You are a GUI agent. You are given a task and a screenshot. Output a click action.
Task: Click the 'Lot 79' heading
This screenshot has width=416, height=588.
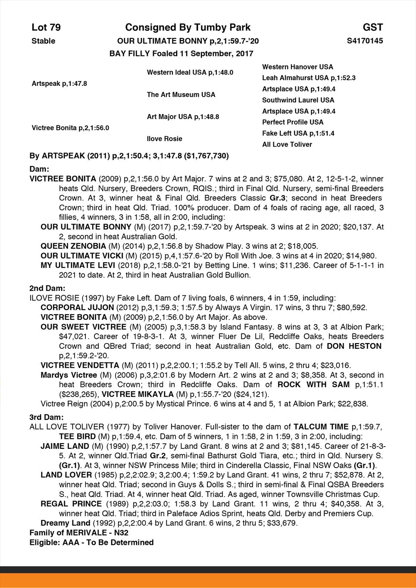click(x=46, y=28)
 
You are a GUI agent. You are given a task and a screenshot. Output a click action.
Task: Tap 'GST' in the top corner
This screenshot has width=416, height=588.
click(x=372, y=28)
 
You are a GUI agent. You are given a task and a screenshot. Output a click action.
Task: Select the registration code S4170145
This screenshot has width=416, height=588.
click(x=365, y=41)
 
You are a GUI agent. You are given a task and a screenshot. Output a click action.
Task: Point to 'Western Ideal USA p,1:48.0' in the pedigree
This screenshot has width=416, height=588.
click(x=190, y=72)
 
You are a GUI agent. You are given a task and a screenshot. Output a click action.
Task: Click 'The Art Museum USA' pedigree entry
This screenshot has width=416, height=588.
click(x=181, y=94)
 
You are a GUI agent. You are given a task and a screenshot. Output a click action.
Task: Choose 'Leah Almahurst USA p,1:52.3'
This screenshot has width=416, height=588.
click(x=308, y=78)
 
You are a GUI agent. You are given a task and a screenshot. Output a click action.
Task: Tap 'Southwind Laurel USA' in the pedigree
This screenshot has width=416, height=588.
click(x=298, y=100)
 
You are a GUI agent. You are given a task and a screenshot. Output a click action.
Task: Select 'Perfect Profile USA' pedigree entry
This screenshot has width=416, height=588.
click(x=292, y=122)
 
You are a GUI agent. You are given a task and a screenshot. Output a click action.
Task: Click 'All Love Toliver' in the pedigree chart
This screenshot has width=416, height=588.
click(x=287, y=144)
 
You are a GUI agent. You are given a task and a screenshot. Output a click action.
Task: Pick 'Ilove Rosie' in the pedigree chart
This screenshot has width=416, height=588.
click(x=164, y=139)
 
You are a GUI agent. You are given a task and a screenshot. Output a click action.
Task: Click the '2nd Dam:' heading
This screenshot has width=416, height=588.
click(x=47, y=288)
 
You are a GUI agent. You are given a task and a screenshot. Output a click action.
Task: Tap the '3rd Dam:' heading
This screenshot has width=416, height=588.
click(x=47, y=417)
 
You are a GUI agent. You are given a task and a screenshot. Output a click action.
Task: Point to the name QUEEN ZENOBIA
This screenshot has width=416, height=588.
click(x=73, y=246)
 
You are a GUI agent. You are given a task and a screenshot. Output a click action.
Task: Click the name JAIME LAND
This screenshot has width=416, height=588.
click(x=65, y=446)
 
